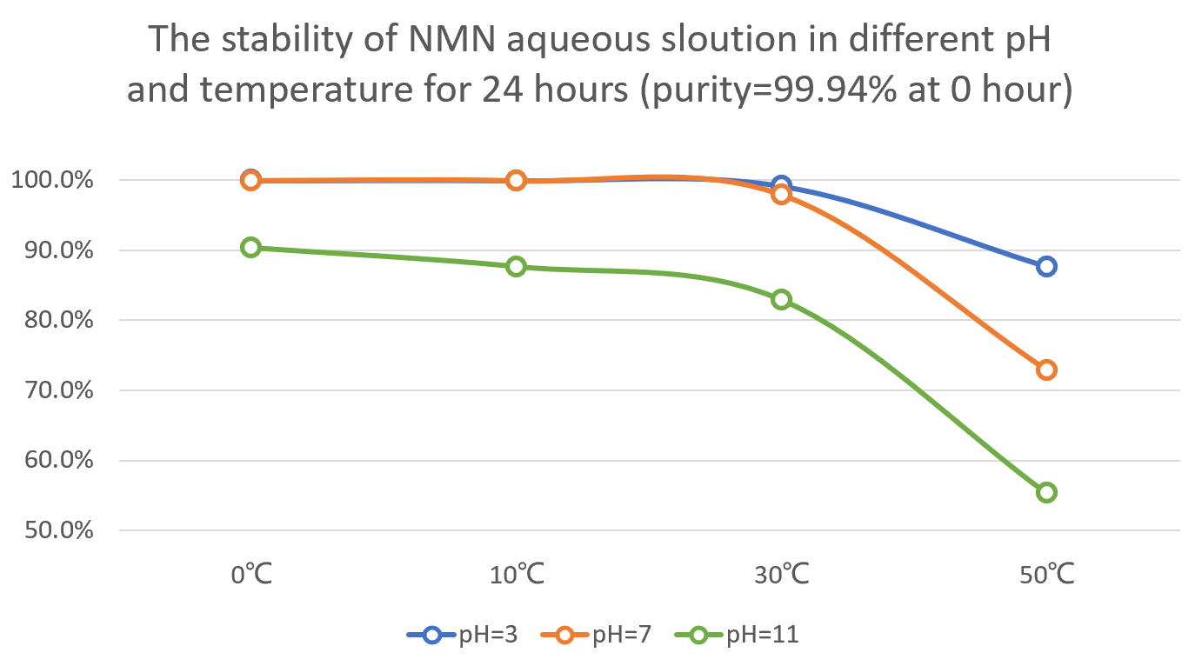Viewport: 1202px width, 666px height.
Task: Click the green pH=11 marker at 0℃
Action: [250, 247]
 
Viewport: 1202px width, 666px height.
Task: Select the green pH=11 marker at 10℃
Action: [516, 266]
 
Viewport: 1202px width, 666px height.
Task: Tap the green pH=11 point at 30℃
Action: [781, 300]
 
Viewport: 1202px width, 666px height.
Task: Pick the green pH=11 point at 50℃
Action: [1046, 492]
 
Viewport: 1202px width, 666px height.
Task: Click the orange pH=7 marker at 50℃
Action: [1046, 370]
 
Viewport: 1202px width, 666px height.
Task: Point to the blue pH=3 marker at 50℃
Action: [1046, 266]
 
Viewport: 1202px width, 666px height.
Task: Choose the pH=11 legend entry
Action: [736, 635]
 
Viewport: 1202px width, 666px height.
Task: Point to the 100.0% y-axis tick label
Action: [51, 181]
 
